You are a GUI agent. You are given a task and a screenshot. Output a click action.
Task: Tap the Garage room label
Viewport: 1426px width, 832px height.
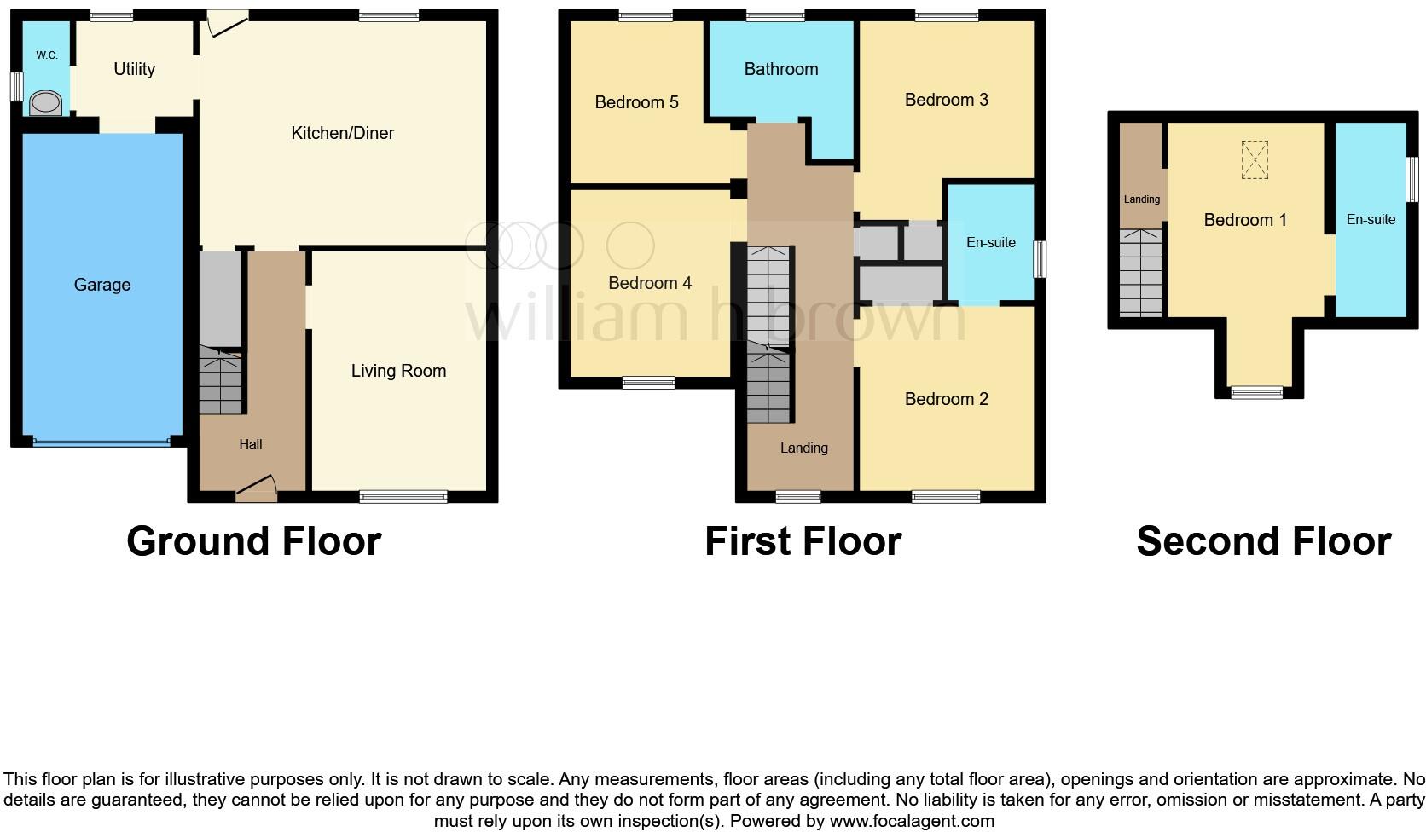tap(102, 285)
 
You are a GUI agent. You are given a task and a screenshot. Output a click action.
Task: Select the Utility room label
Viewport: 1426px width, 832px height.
tap(134, 69)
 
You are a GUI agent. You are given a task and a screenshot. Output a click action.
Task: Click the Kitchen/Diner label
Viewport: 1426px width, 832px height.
tap(342, 133)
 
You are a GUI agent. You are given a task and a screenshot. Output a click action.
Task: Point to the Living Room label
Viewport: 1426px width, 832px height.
tap(398, 371)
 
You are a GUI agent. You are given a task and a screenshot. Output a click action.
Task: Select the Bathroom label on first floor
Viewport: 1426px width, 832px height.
tap(780, 69)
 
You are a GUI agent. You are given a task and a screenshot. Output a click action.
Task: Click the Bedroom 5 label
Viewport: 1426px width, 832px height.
tap(636, 102)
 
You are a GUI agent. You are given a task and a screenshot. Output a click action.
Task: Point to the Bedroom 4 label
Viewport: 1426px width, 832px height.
tap(649, 283)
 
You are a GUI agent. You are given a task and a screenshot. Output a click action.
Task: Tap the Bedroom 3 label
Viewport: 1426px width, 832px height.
tap(946, 100)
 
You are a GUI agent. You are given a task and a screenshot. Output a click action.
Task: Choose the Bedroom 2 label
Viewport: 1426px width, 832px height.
tap(946, 399)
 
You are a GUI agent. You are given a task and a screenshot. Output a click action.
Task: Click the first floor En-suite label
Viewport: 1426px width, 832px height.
tap(990, 243)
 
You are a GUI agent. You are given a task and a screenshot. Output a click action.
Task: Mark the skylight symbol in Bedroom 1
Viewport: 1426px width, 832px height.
tap(1254, 160)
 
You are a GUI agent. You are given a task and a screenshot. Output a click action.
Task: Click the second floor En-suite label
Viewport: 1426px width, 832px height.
tap(1371, 220)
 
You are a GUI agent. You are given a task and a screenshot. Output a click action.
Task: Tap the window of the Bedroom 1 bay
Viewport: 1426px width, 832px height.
tap(1256, 392)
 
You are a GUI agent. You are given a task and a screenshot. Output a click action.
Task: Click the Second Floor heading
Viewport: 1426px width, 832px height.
tap(1263, 541)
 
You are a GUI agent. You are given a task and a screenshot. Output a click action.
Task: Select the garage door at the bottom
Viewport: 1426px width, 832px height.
tap(101, 442)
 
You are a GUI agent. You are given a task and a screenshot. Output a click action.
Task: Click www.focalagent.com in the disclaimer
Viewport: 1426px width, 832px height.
tap(911, 821)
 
